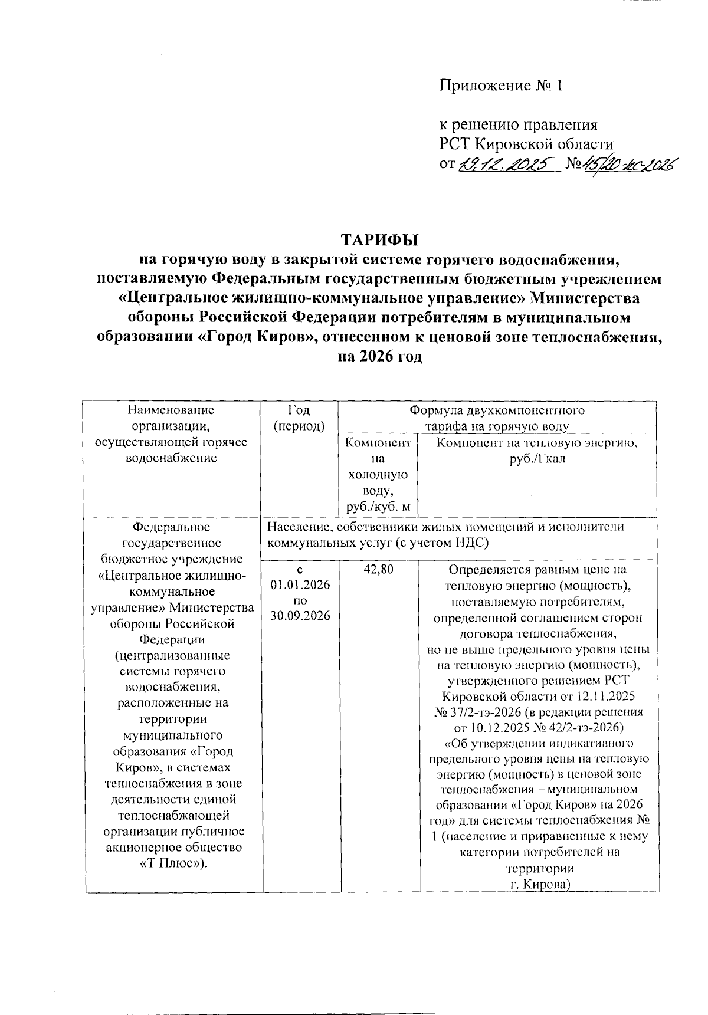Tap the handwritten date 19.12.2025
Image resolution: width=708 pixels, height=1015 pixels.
(x=506, y=164)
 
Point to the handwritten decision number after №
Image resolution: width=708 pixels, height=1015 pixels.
(x=628, y=164)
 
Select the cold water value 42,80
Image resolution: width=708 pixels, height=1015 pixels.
(x=380, y=570)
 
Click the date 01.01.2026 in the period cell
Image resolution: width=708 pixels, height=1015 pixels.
(x=300, y=585)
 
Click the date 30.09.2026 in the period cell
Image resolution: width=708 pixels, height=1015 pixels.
(x=300, y=616)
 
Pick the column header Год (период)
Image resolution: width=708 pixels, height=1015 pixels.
(x=300, y=418)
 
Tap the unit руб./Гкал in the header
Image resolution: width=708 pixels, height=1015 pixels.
(x=537, y=459)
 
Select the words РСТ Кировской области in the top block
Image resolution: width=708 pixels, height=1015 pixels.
(x=526, y=144)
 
